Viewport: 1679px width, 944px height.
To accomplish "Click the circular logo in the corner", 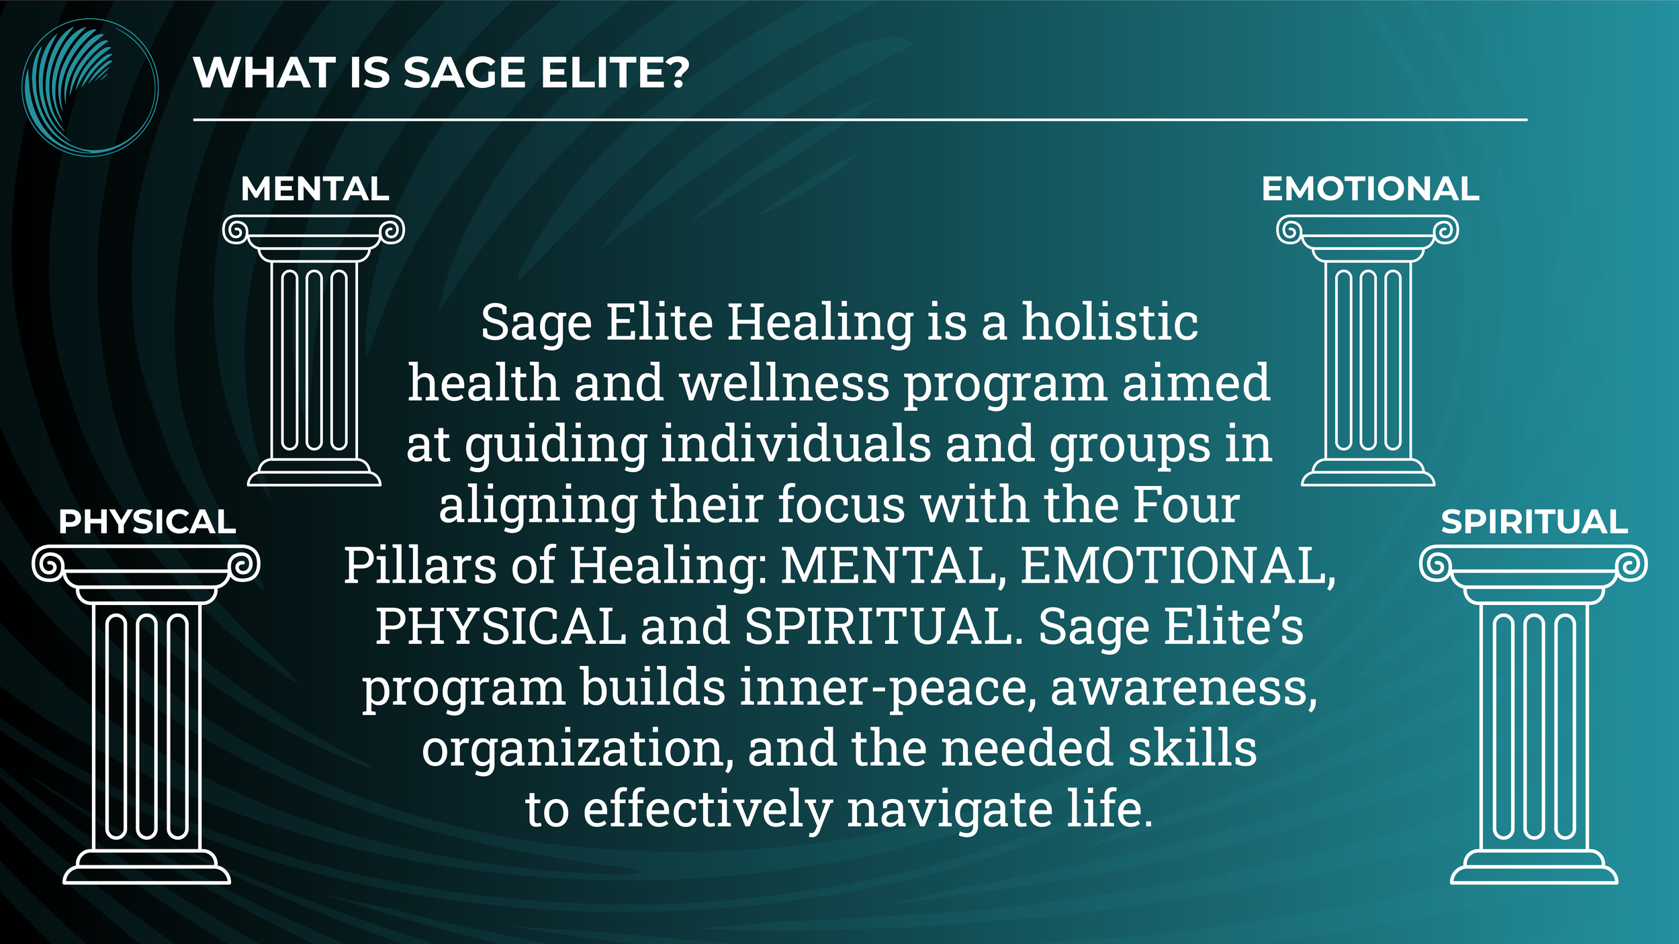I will [89, 87].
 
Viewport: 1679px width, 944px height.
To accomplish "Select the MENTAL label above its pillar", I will [315, 189].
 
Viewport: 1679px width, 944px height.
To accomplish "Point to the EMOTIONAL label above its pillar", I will [1370, 189].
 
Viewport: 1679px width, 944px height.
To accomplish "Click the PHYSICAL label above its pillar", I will [147, 522].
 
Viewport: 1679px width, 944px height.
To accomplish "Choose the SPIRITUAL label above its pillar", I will [1534, 522].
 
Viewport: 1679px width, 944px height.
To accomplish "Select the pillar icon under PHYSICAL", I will [146, 714].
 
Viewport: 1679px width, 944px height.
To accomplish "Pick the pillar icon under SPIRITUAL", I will [1533, 714].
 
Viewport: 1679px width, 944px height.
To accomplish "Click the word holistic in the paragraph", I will [1109, 322].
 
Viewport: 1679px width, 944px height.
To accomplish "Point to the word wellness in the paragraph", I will [784, 383].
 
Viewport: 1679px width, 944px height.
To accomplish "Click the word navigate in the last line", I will [949, 810].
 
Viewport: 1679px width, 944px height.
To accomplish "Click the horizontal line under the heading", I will [860, 120].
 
